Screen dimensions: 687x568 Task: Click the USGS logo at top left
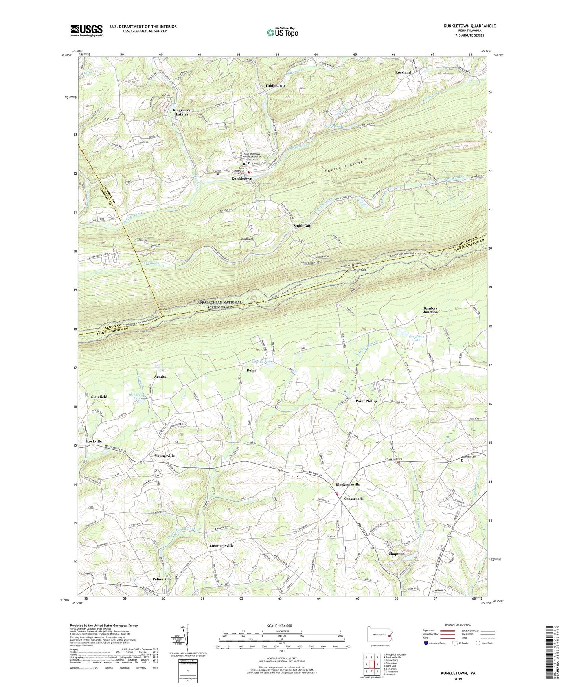click(86, 30)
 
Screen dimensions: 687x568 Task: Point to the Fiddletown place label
click(275, 85)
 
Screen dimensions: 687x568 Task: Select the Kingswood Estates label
click(182, 112)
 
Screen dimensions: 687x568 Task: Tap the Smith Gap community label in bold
click(302, 226)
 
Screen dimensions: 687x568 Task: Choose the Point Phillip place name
click(366, 401)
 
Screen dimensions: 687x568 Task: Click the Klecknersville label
click(347, 484)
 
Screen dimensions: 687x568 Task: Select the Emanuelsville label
click(221, 546)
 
